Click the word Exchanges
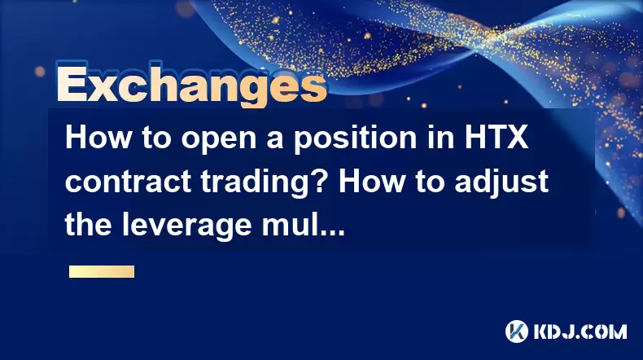(191, 85)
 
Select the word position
(355, 138)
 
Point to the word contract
(128, 182)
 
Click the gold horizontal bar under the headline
(102, 272)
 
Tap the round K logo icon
(517, 331)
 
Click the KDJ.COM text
(580, 331)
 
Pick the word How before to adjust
(371, 181)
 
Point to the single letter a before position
(275, 141)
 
